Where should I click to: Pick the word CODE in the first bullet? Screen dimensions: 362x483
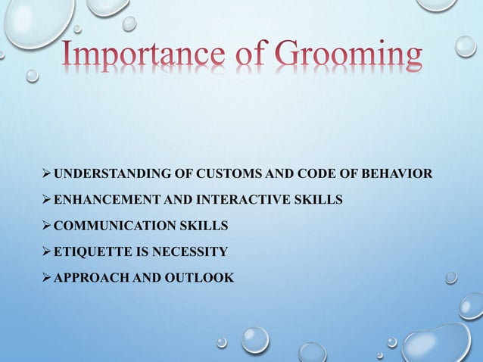(x=304, y=175)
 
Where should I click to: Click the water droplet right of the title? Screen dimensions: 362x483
(x=465, y=47)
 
